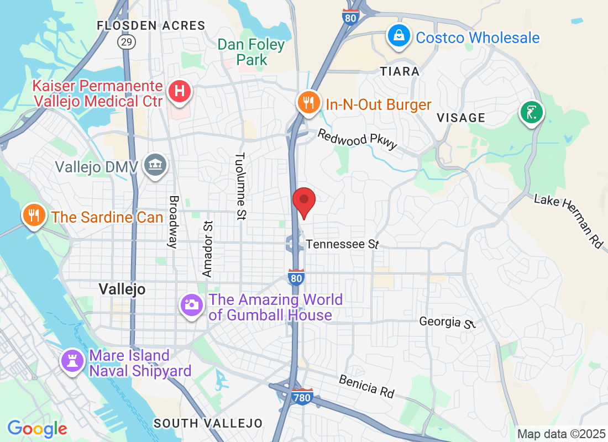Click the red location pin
point(303,201)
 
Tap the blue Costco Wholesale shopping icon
point(397,36)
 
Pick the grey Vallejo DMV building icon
point(155,164)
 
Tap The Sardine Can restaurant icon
point(34,215)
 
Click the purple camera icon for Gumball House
point(192,304)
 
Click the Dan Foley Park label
point(251,52)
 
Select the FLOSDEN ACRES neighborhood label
point(151,25)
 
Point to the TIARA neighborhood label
point(400,71)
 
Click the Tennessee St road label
point(342,244)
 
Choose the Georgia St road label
point(447,322)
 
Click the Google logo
point(37,428)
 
